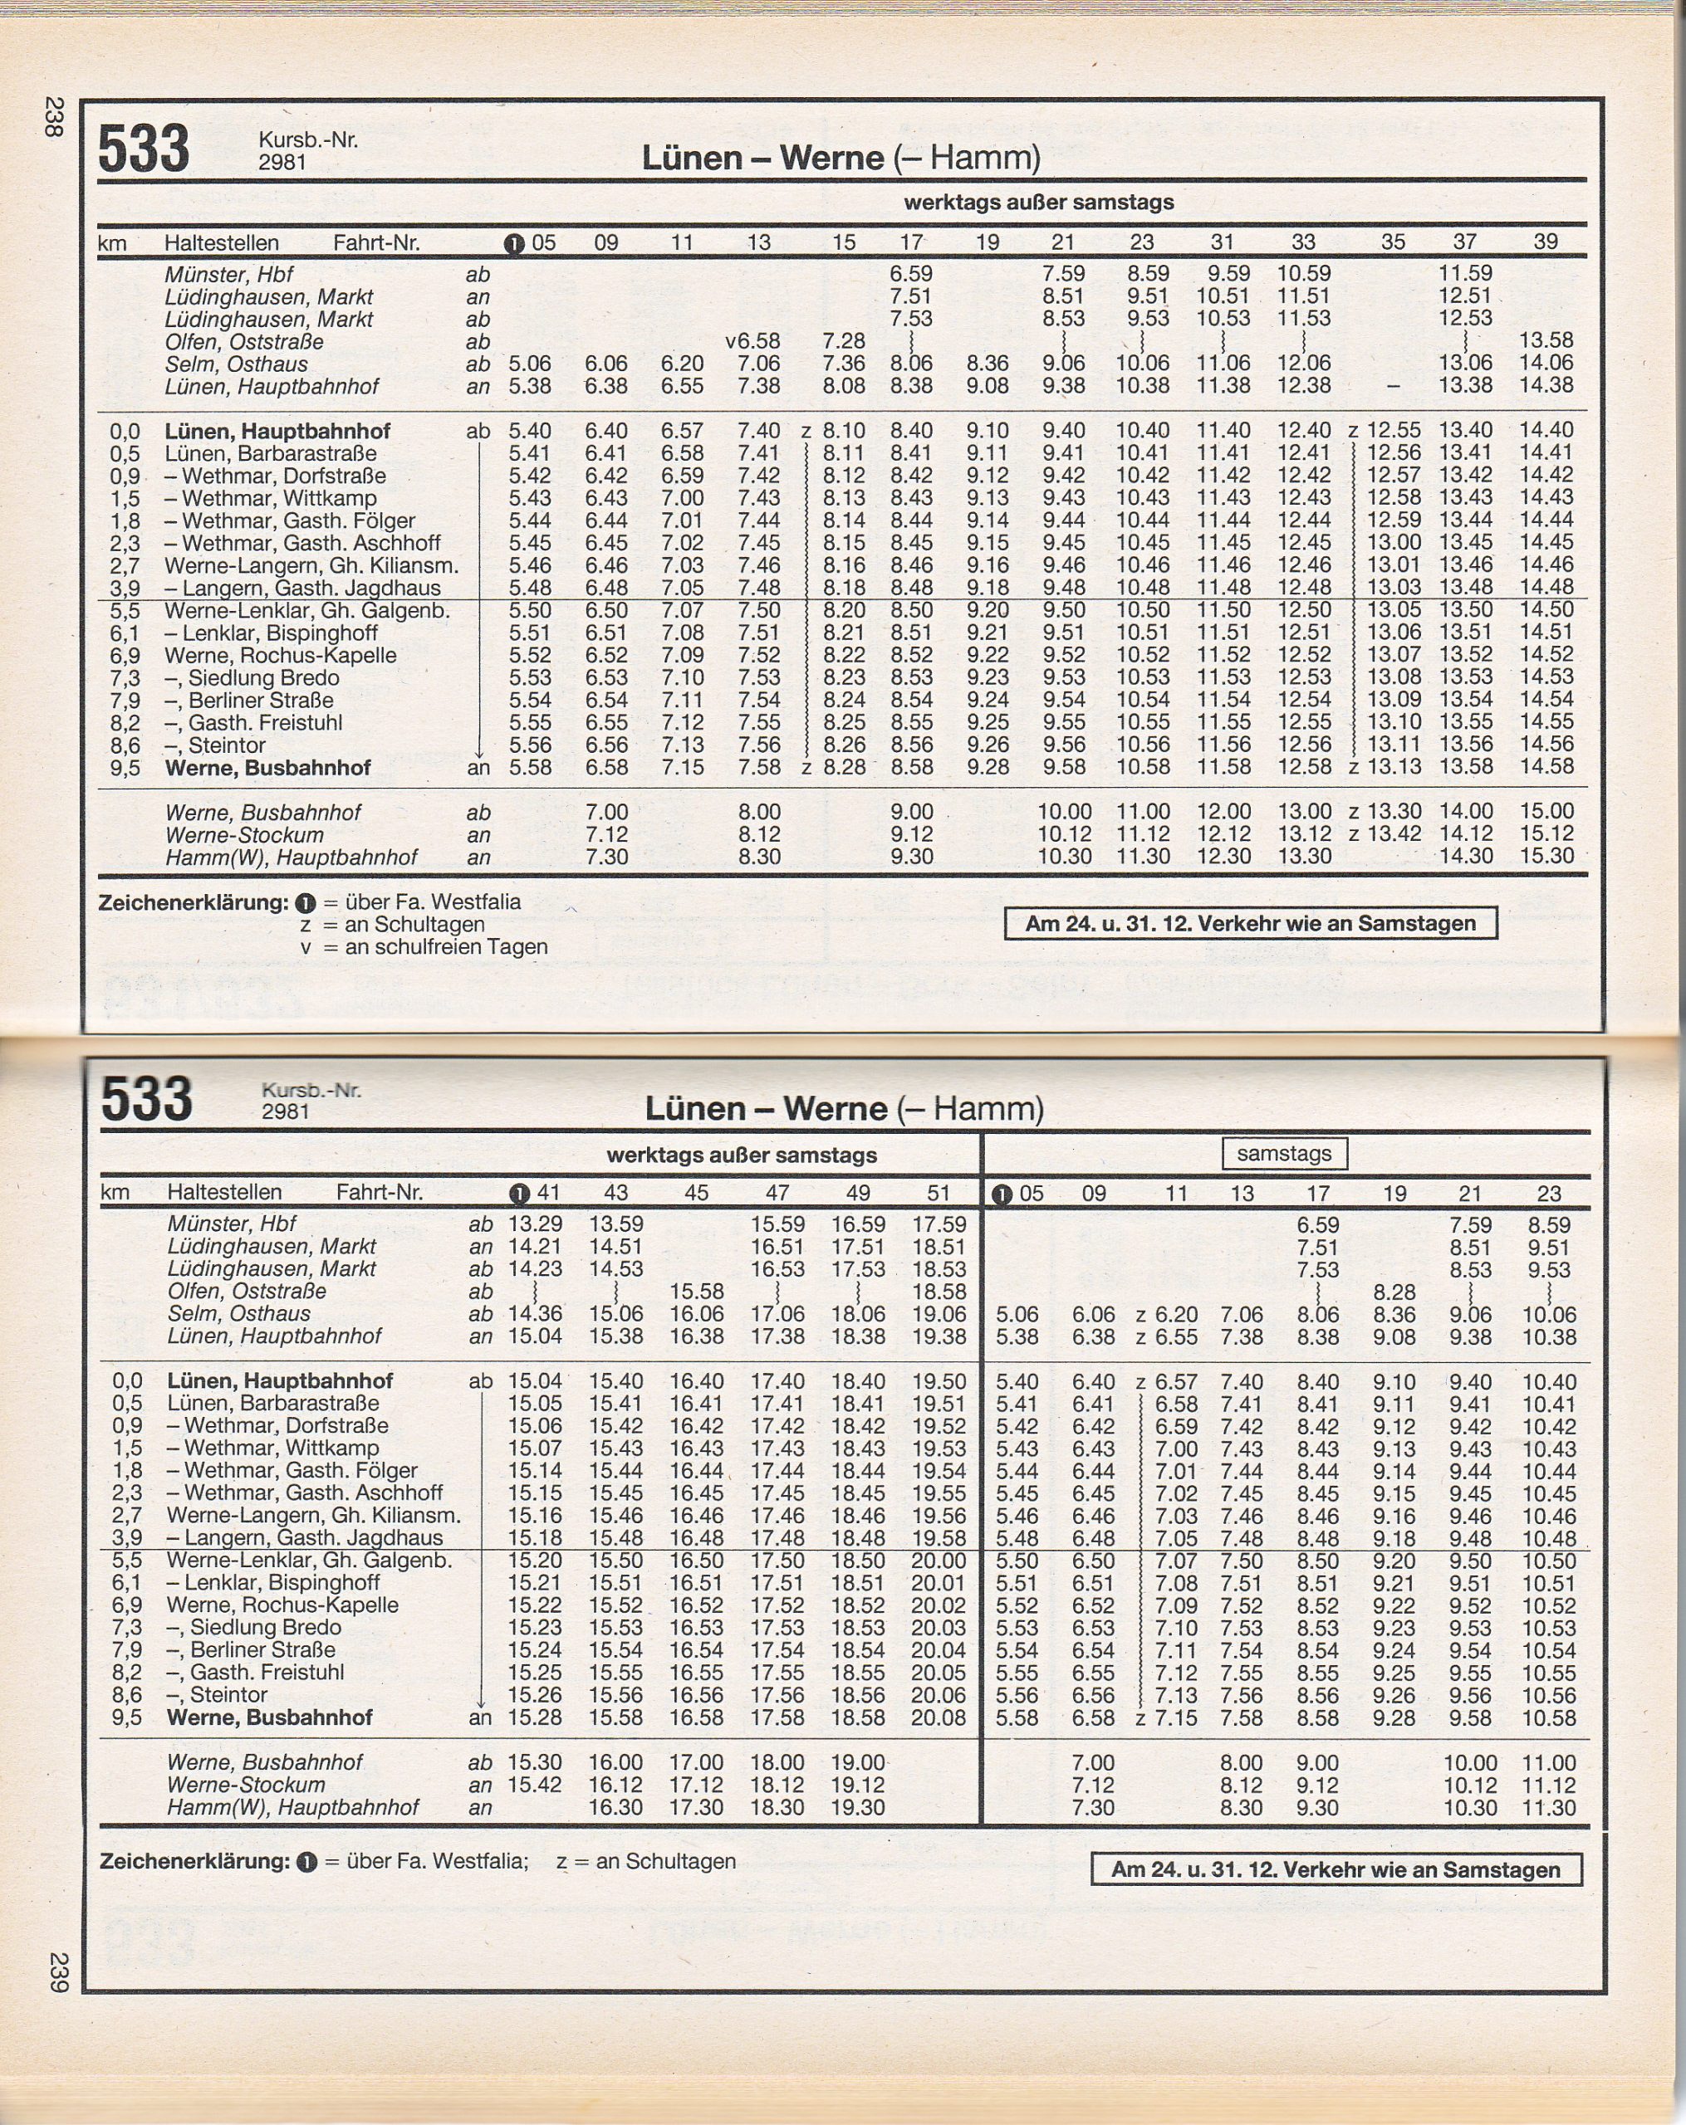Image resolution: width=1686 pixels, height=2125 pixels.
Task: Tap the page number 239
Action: (58, 1972)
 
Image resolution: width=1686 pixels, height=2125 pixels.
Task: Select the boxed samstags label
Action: (1284, 1153)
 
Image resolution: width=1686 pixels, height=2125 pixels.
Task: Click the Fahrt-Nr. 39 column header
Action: (1545, 242)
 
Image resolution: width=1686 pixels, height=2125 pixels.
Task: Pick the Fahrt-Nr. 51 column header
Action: (939, 1193)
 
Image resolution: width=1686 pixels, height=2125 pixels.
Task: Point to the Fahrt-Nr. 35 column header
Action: (1392, 242)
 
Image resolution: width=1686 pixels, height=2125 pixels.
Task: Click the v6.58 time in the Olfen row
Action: (752, 341)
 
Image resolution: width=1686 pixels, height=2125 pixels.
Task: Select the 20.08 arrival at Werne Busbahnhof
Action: (939, 1718)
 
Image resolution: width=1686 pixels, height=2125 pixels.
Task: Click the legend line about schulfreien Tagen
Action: (424, 947)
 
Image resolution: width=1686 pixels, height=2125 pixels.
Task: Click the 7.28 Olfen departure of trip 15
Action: (844, 341)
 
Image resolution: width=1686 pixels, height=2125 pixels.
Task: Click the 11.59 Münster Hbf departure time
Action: (1465, 273)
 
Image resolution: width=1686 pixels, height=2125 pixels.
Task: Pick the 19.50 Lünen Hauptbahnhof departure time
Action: (939, 1382)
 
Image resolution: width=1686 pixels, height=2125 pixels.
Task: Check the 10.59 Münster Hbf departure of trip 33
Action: (1303, 273)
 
